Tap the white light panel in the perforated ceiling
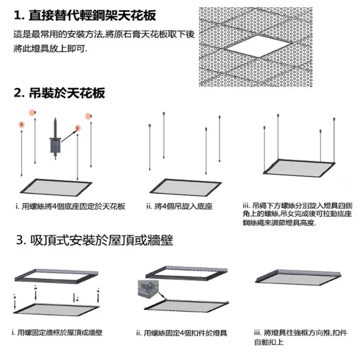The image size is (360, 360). pyautogui.click(x=259, y=46)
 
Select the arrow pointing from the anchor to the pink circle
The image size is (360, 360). pyautogui.click(x=69, y=136)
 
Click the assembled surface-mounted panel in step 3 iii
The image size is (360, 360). pyautogui.click(x=298, y=277)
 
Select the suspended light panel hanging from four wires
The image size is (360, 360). pyautogui.click(x=299, y=169)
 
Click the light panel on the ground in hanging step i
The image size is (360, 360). pyautogui.click(x=56, y=187)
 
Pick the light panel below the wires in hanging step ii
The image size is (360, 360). pyautogui.click(x=186, y=187)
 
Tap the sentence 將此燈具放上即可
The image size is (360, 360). pyautogui.click(x=50, y=48)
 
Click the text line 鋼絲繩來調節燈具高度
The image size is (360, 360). pyautogui.click(x=279, y=223)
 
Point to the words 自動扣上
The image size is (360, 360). pyautogui.click(x=269, y=342)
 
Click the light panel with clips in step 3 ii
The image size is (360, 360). pyautogui.click(x=186, y=306)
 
